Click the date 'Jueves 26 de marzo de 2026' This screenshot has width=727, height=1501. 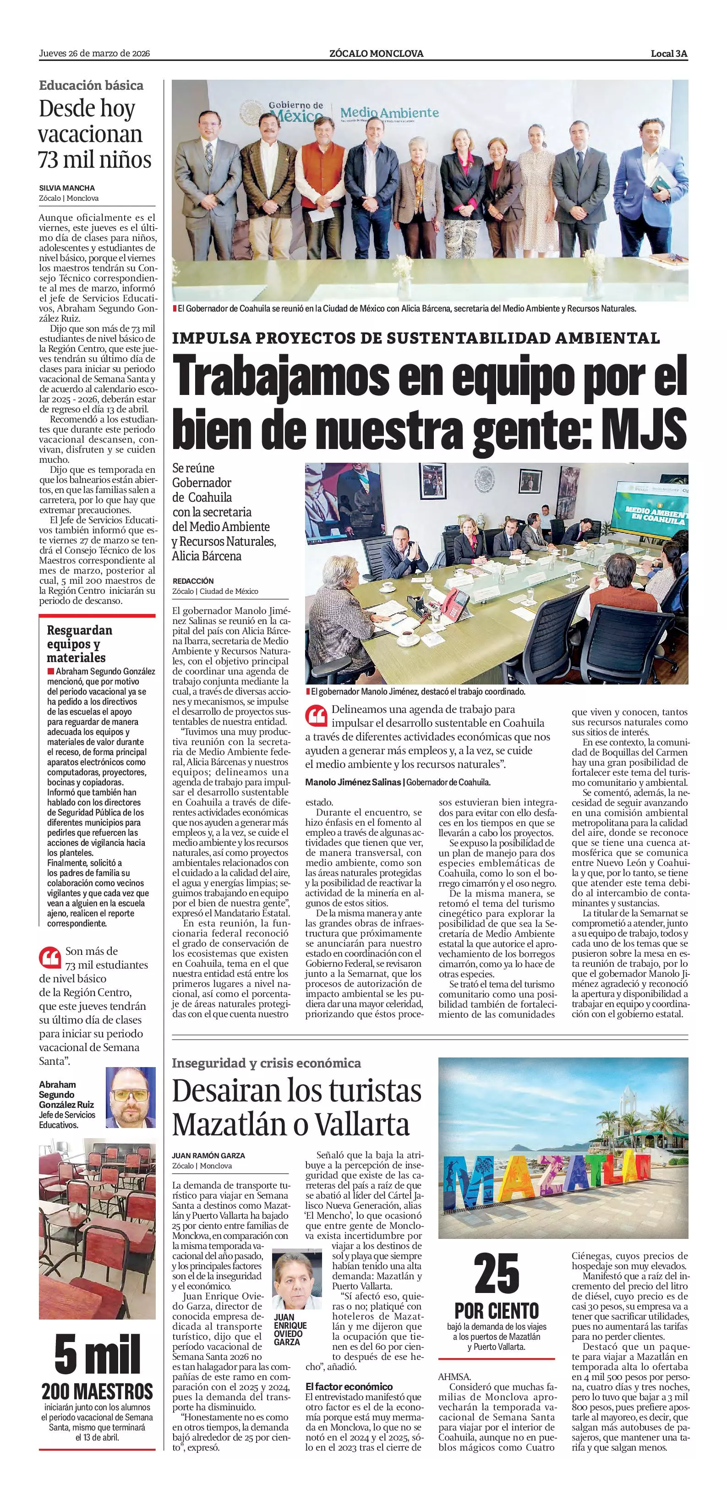(x=94, y=54)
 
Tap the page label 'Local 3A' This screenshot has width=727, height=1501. (x=669, y=54)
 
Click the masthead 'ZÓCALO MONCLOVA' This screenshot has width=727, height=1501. (x=376, y=54)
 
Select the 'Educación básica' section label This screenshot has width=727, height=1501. (x=91, y=85)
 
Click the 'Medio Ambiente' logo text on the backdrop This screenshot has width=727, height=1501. (x=388, y=112)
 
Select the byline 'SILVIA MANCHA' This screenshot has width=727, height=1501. (x=66, y=188)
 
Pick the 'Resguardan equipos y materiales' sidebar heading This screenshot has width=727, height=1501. (x=79, y=643)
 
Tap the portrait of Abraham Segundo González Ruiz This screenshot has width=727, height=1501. (x=131, y=1097)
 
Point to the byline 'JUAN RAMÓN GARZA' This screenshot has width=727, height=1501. (x=208, y=1156)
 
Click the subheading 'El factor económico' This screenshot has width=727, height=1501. (x=349, y=1386)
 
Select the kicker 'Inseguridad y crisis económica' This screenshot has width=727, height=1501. (x=266, y=1063)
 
